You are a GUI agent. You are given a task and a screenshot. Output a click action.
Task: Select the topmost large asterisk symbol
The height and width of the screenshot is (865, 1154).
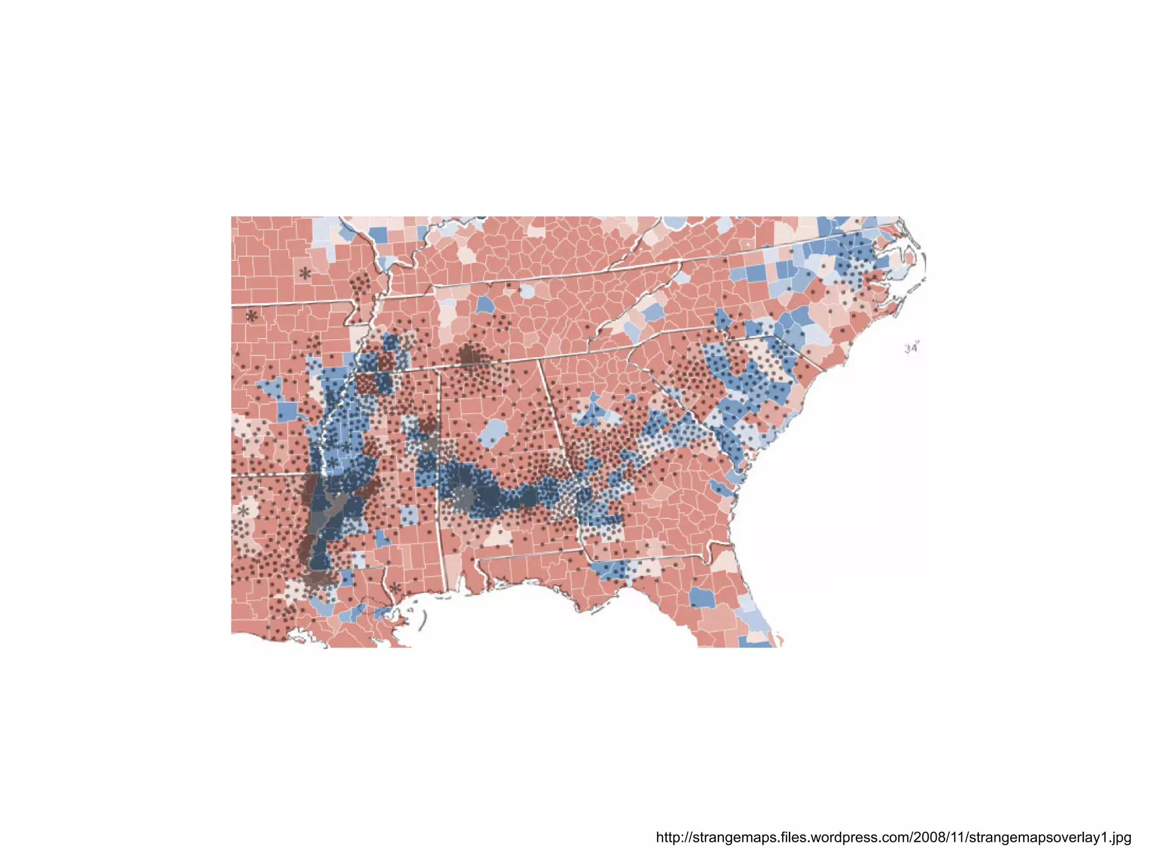click(305, 274)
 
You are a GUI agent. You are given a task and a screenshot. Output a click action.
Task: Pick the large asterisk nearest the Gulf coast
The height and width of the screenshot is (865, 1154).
click(396, 588)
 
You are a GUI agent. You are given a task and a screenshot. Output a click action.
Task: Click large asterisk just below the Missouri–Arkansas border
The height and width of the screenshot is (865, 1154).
click(252, 316)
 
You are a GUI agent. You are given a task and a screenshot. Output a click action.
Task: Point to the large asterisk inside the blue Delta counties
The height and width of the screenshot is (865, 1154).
click(333, 463)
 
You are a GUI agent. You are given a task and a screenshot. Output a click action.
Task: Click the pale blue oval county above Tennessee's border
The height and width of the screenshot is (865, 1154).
click(527, 291)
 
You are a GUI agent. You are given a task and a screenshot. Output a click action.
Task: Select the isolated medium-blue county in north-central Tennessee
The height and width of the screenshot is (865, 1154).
click(485, 305)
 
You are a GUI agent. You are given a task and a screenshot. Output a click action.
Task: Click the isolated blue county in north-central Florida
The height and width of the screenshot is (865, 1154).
click(702, 597)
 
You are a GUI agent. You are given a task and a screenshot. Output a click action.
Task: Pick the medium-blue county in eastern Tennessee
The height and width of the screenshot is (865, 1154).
click(654, 311)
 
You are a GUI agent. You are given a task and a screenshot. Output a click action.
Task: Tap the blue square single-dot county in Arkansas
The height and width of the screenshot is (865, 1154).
click(287, 411)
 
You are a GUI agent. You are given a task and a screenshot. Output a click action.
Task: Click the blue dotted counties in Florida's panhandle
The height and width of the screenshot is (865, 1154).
click(612, 570)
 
